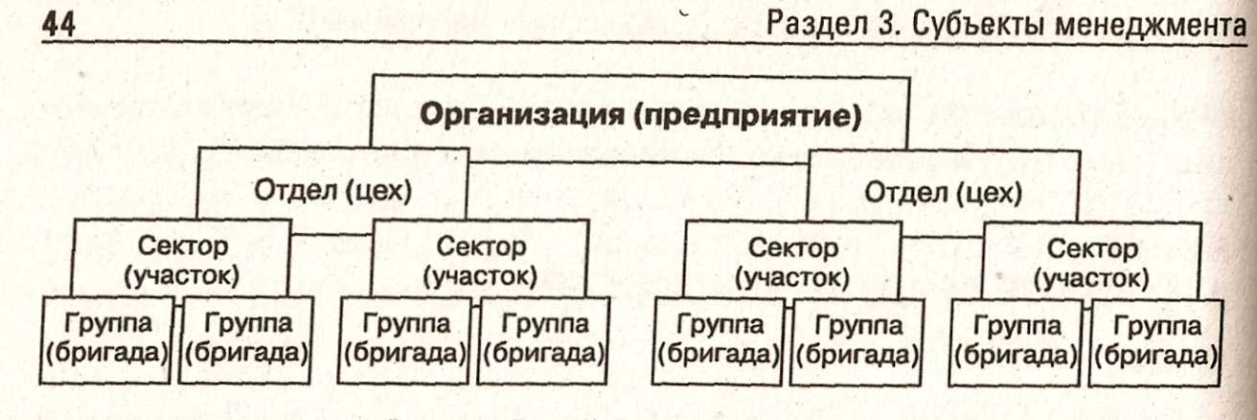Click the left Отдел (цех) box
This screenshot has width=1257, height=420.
click(x=332, y=191)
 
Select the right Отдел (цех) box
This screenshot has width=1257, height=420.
click(x=943, y=192)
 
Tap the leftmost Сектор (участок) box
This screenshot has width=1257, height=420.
click(x=182, y=261)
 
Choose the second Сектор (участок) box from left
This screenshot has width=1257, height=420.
click(x=479, y=261)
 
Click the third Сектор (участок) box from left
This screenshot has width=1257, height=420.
click(x=791, y=262)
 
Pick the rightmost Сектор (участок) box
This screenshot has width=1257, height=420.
click(x=1092, y=262)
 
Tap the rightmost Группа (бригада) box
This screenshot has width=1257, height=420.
click(x=1155, y=341)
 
